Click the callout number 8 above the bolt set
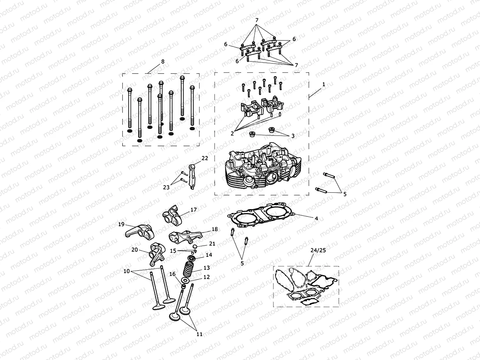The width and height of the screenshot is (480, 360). [x=163, y=61]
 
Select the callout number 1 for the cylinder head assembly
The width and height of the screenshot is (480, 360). [x=323, y=84]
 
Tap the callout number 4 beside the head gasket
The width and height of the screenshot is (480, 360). [x=316, y=218]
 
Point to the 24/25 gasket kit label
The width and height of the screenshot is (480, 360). [x=318, y=250]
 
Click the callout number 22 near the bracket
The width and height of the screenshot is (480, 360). [x=205, y=158]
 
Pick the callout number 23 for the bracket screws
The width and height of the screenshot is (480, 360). [x=166, y=187]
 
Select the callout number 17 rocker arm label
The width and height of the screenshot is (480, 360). [x=194, y=210]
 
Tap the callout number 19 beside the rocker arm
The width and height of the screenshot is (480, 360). [x=121, y=224]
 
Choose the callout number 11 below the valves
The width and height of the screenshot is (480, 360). [x=199, y=334]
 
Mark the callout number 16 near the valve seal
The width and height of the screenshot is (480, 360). [x=172, y=274]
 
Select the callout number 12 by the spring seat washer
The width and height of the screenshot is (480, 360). [x=207, y=277]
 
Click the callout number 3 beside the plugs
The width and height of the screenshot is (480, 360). [x=293, y=136]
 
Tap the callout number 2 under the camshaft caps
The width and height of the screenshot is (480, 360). [x=232, y=134]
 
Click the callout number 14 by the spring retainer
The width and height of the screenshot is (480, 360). [x=209, y=255]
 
